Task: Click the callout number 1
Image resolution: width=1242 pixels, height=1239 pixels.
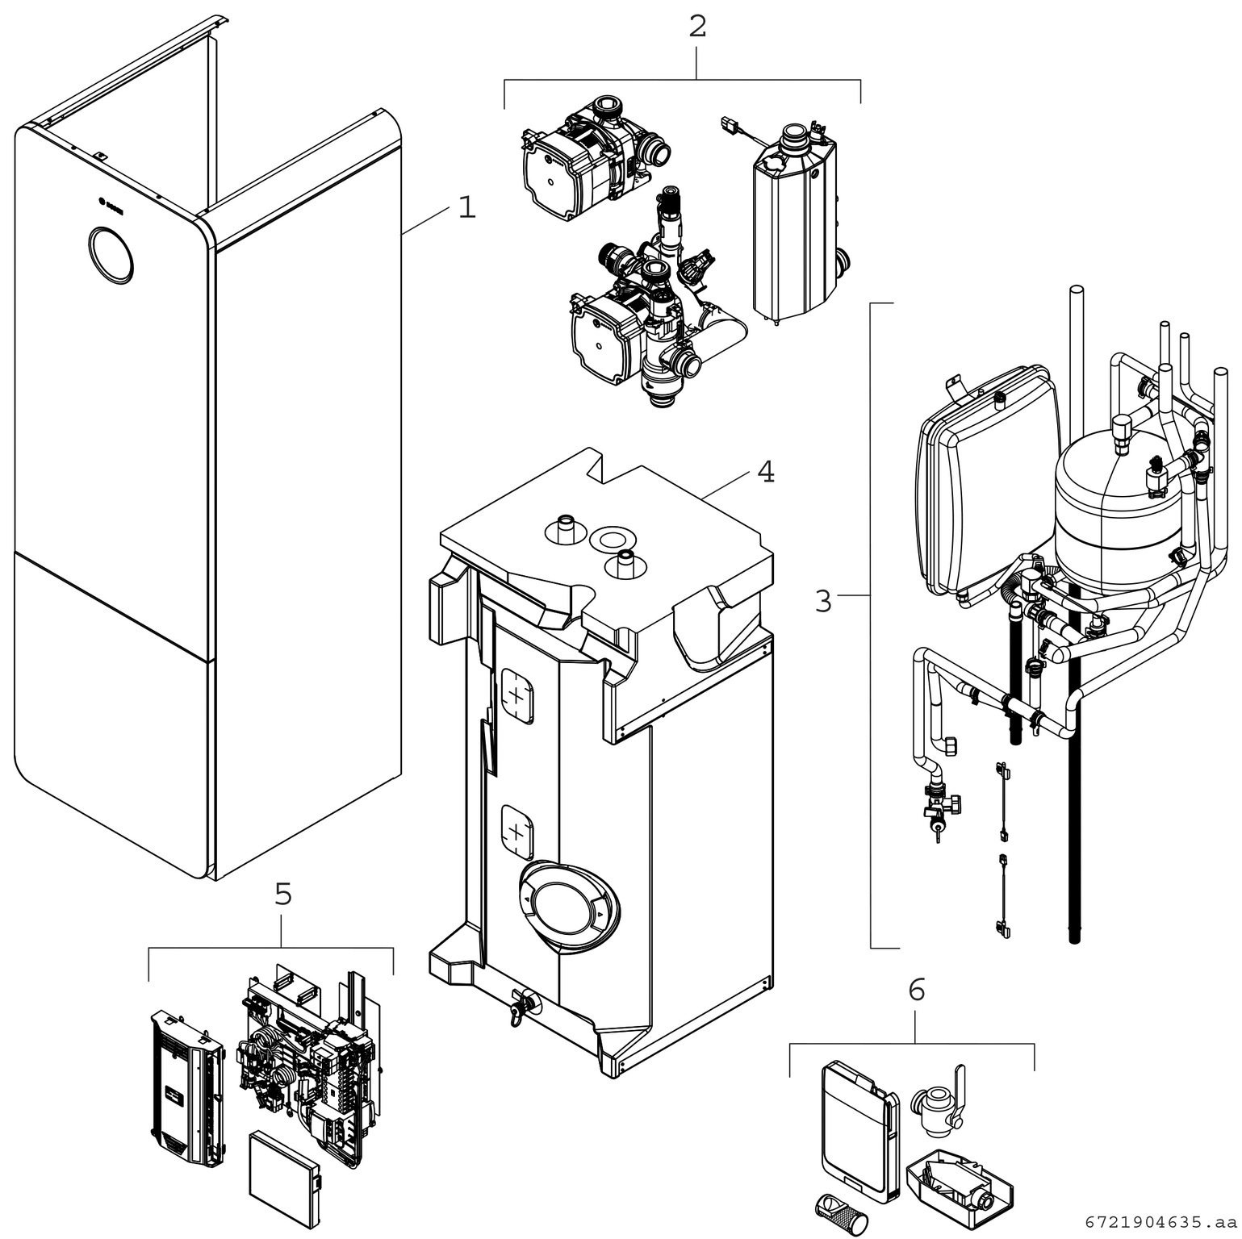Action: [x=466, y=207]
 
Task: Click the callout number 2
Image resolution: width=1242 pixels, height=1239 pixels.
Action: [x=697, y=27]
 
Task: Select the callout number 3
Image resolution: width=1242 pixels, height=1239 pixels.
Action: [x=822, y=601]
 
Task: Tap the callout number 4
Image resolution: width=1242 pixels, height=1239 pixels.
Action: [x=766, y=472]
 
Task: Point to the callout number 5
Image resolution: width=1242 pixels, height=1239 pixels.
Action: [x=282, y=894]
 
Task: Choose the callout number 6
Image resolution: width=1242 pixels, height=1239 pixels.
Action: [x=917, y=990]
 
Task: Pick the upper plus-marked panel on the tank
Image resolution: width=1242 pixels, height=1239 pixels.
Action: [x=517, y=696]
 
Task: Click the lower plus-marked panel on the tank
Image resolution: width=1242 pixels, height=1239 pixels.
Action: [x=517, y=832]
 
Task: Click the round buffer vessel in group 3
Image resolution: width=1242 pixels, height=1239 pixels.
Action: [x=1112, y=512]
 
